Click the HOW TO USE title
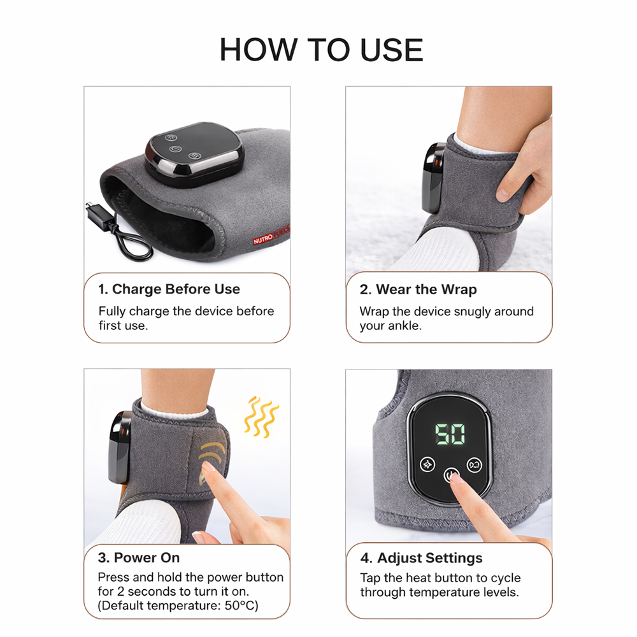click(321, 50)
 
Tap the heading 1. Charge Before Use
click(169, 289)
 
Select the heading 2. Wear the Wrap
click(418, 289)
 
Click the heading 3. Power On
click(139, 557)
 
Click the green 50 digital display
click(450, 434)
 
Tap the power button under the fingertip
click(451, 475)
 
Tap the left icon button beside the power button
click(427, 464)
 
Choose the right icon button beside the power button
click(474, 464)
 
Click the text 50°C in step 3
click(241, 605)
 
